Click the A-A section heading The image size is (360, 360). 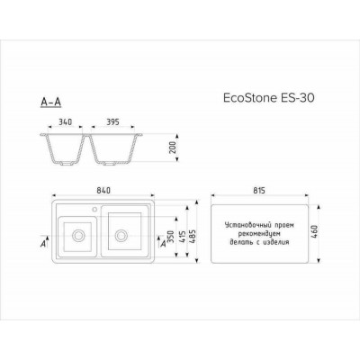51,103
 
